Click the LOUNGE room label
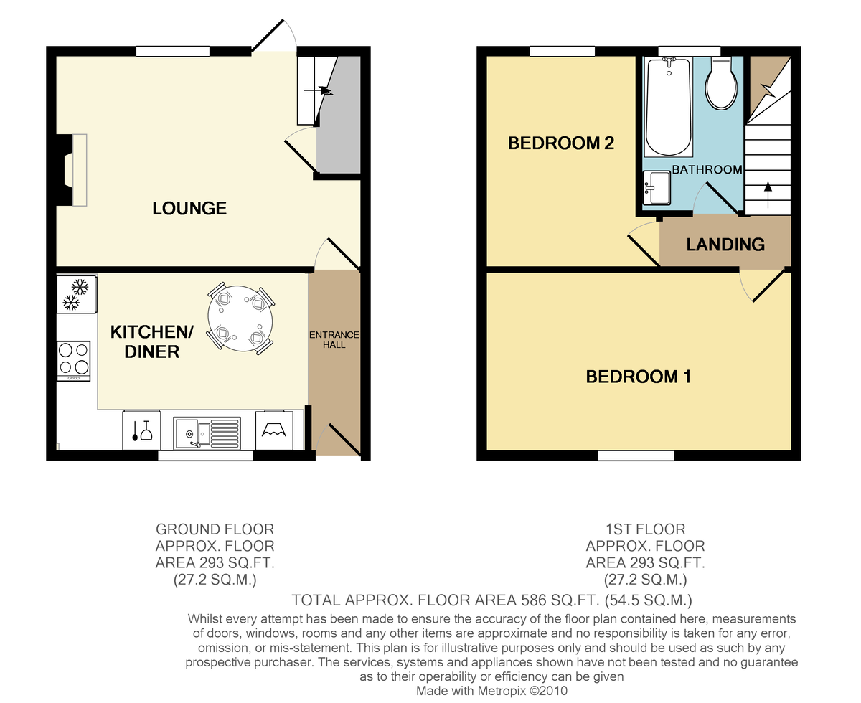[189, 209]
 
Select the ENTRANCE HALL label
[334, 340]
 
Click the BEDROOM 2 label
[561, 143]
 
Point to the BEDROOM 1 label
[638, 377]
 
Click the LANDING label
[725, 245]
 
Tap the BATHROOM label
[706, 170]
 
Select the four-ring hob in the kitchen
[74, 360]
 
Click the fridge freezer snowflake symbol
[76, 294]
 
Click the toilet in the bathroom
[723, 85]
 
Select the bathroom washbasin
[657, 189]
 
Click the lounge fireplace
[72, 170]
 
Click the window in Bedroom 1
[636, 456]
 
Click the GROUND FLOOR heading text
[215, 529]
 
